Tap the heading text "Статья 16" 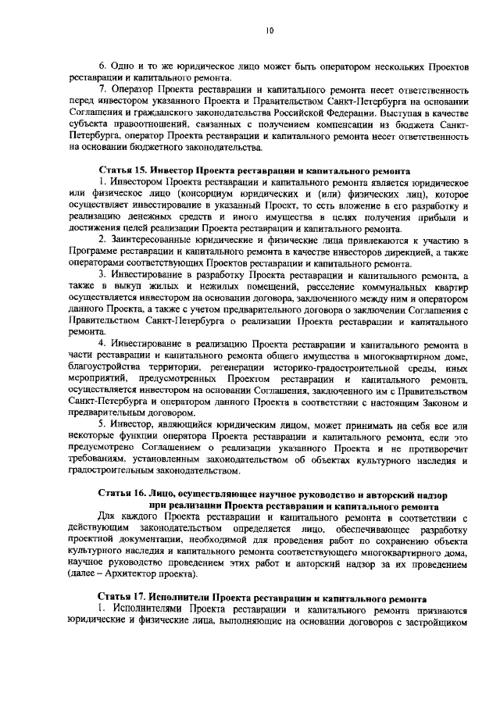(x=122, y=495)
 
